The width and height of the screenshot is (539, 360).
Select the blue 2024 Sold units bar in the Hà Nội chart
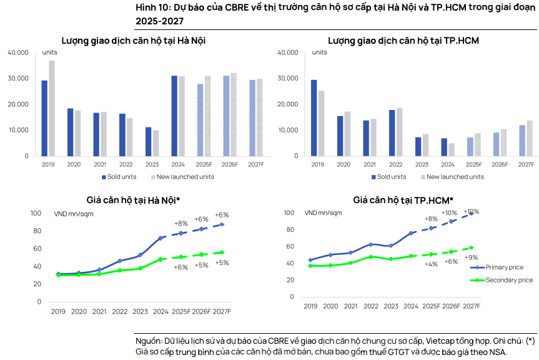174,116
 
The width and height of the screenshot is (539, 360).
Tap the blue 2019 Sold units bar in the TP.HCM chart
314,118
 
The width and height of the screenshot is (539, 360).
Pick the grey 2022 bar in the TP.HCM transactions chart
399,132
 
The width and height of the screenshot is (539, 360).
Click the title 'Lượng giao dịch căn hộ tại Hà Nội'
134,41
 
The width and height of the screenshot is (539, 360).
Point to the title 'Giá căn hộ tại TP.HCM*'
403,200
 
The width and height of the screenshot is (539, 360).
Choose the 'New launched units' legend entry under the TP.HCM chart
453,177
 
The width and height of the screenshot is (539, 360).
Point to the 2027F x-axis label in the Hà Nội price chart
222,311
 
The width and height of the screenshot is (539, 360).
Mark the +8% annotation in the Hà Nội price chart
180,223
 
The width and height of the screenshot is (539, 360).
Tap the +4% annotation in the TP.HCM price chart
431,264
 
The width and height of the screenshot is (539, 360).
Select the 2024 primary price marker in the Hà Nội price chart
161,238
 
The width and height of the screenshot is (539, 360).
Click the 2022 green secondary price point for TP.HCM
370,257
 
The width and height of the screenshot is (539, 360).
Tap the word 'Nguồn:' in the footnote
149,341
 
